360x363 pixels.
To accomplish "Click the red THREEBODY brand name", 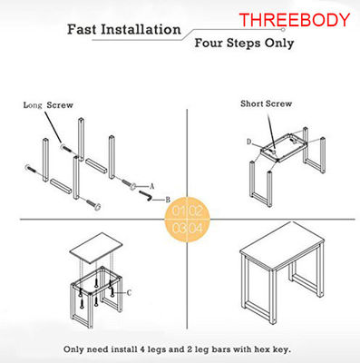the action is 295,20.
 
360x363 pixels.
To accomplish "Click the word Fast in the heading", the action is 82,30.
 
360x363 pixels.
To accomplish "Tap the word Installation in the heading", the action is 141,30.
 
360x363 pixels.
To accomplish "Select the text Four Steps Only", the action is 244,43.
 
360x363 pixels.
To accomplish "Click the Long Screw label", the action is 48,105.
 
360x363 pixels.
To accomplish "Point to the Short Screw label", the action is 266,103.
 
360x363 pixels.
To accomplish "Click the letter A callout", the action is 152,187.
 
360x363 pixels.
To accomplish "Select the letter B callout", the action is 168,200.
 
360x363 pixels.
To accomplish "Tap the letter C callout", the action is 129,293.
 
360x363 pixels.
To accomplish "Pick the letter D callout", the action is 249,142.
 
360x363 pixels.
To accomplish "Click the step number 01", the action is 179,211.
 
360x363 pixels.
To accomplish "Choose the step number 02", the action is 196,211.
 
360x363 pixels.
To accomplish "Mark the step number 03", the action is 179,228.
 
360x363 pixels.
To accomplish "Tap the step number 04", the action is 196,228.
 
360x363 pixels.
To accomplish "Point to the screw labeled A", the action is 129,184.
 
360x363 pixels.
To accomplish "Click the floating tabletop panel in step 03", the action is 96,247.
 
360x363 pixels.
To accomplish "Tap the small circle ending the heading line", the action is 283,30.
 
